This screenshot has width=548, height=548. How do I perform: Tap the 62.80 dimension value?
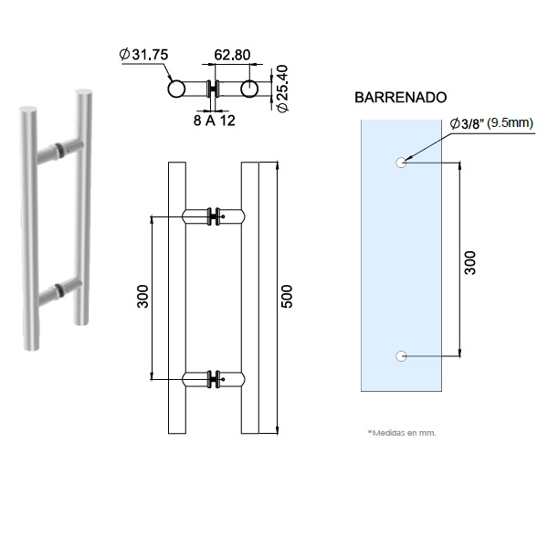(x=231, y=55)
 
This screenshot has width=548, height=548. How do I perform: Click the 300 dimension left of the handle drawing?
(x=143, y=297)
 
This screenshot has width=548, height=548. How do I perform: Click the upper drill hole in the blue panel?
(x=399, y=163)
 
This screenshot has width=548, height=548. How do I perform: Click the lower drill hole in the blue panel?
(x=399, y=355)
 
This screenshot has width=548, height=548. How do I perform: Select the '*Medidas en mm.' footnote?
(x=402, y=433)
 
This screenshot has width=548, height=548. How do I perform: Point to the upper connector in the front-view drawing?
(x=214, y=216)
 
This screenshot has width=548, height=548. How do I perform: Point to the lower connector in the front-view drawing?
(x=214, y=376)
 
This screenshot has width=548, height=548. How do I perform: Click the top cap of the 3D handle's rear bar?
(x=85, y=90)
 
